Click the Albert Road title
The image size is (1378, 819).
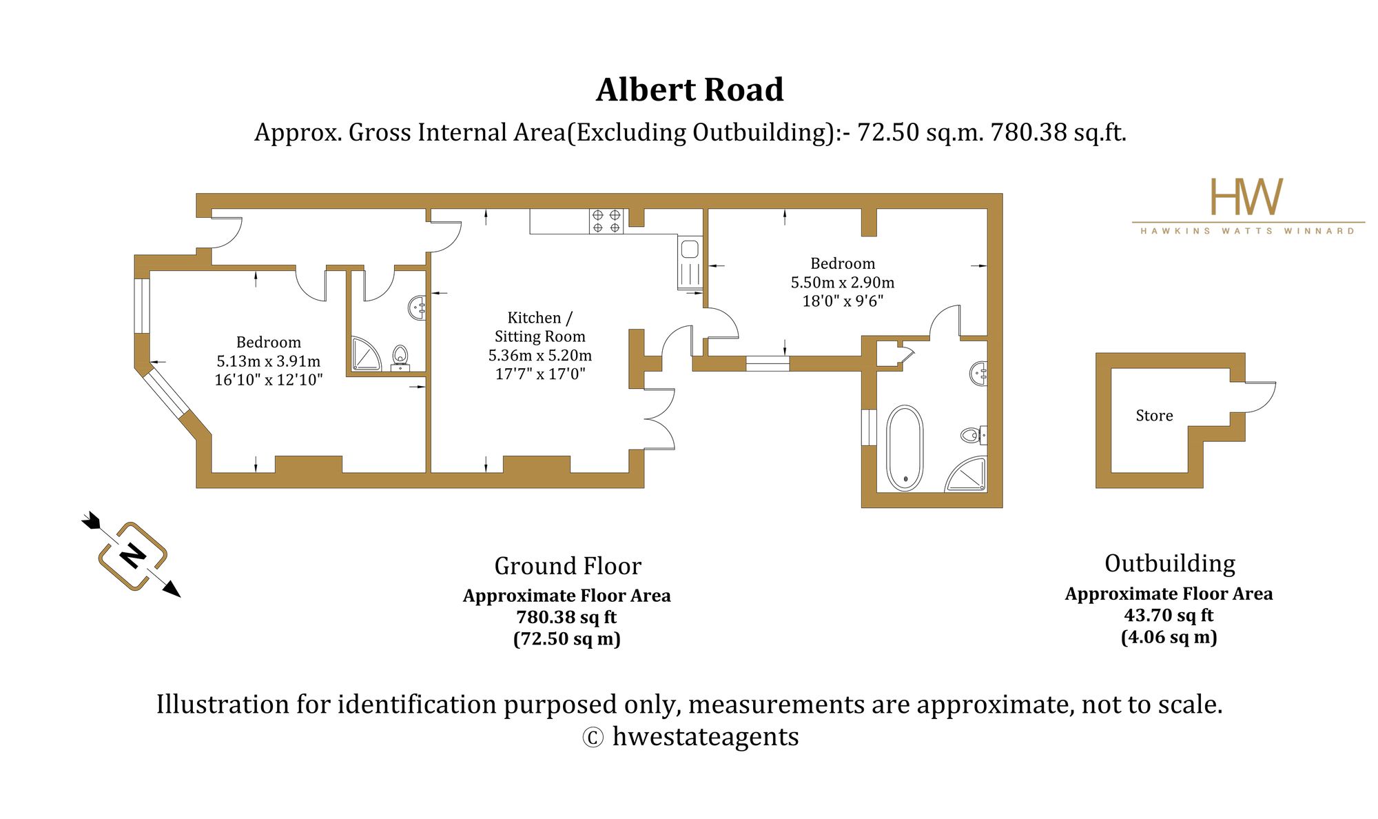tap(690, 90)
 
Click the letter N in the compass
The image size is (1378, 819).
tap(132, 556)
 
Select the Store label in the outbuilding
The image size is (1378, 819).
tap(1154, 416)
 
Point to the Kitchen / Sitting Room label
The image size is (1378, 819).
tap(540, 327)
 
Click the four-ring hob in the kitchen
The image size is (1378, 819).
tap(606, 221)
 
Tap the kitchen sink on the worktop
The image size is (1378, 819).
tap(690, 262)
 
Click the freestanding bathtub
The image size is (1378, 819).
tap(905, 447)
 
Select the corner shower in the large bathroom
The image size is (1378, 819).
tap(966, 474)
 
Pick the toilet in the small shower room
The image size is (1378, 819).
tap(400, 358)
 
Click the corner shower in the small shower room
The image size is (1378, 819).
tap(366, 354)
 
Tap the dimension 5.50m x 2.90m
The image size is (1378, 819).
tap(843, 282)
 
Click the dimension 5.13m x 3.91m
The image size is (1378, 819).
tap(269, 361)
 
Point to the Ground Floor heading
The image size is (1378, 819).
tap(568, 566)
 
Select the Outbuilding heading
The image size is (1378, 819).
tap(1170, 563)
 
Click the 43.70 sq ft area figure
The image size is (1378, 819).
tap(1169, 615)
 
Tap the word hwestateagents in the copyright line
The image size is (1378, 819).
tap(706, 737)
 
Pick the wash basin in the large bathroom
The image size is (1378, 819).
tap(978, 374)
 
